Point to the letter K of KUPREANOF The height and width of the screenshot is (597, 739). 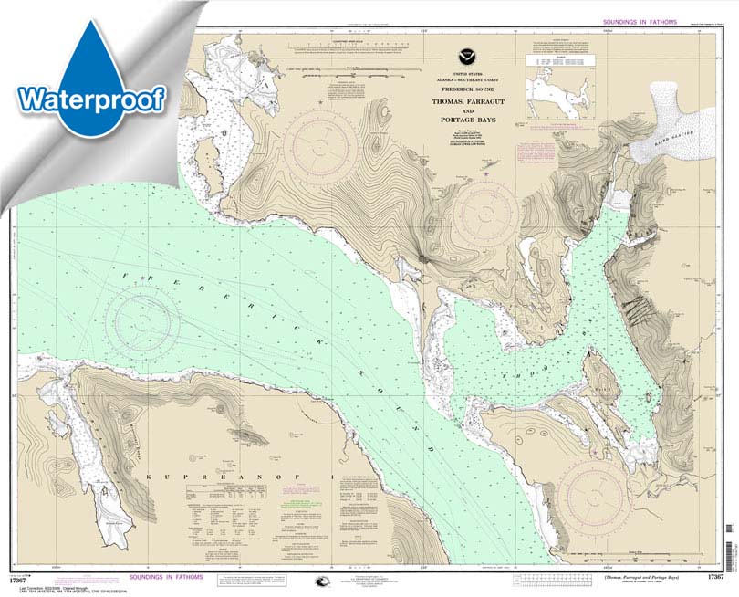[149, 477]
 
